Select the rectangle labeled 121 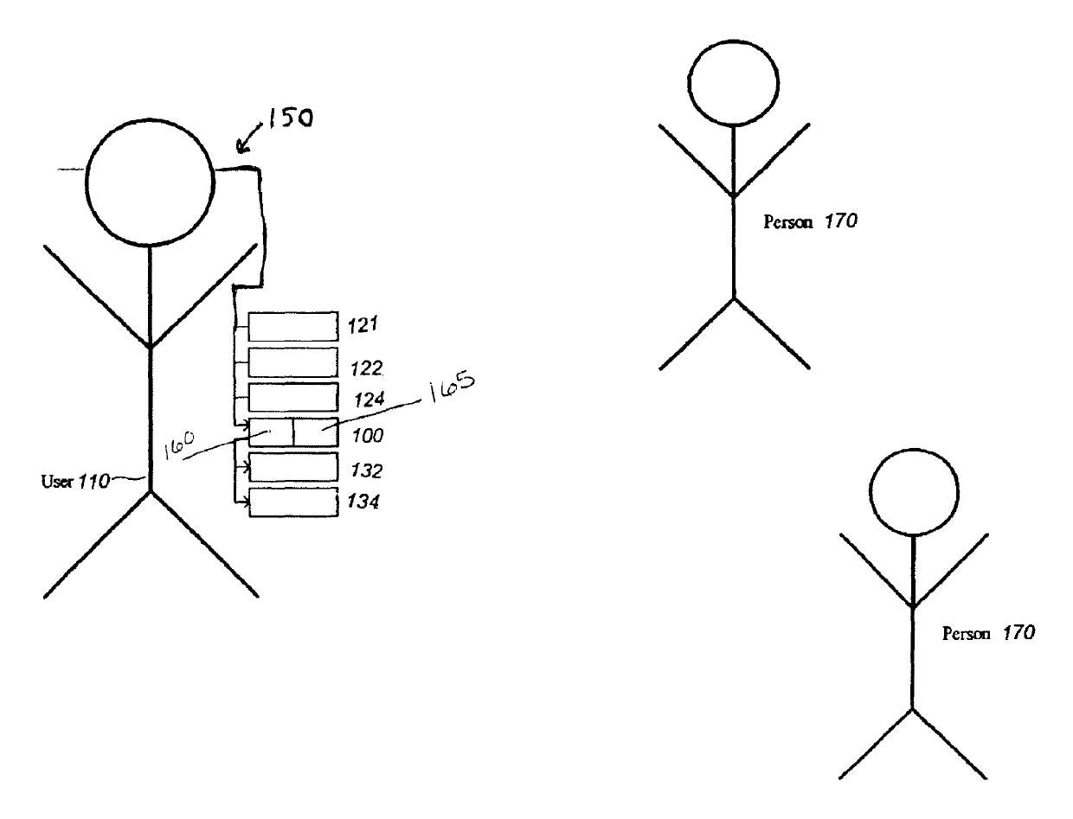(x=292, y=327)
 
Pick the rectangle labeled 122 (x=292, y=362)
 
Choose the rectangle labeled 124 (x=292, y=397)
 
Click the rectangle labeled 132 (x=292, y=467)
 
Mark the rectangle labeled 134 (x=292, y=502)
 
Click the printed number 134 (x=367, y=502)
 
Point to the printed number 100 (x=367, y=437)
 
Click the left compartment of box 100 (x=272, y=432)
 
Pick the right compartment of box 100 (x=315, y=432)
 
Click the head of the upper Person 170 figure (x=734, y=82)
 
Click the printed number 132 (x=367, y=471)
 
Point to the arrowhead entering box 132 (x=247, y=468)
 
